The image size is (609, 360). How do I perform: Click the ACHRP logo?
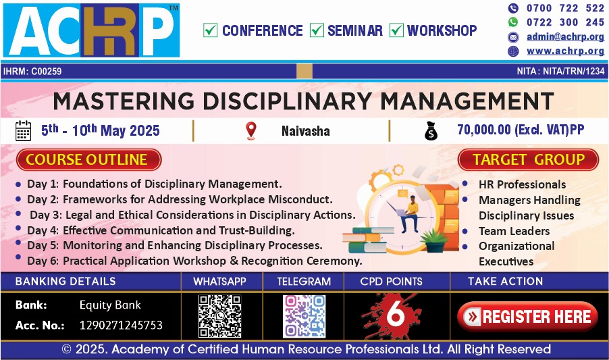click(x=91, y=30)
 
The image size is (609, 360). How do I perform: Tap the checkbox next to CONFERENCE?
click(x=210, y=30)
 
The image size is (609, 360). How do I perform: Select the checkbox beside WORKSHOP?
click(x=396, y=30)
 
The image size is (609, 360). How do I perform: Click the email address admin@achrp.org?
click(x=565, y=37)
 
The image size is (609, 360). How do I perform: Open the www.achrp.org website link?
click(x=565, y=51)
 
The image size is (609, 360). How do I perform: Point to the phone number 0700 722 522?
click(x=565, y=8)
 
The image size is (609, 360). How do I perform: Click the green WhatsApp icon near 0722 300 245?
click(x=513, y=22)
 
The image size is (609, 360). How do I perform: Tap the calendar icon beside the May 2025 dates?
click(x=23, y=130)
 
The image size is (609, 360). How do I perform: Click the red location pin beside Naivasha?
click(x=251, y=131)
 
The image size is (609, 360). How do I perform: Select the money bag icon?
click(x=431, y=131)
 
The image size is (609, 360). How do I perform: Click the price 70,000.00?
click(x=484, y=130)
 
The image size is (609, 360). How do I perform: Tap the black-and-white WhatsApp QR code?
click(x=220, y=316)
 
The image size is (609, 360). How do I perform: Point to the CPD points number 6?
click(x=396, y=313)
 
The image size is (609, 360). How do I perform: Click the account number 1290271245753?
click(x=121, y=325)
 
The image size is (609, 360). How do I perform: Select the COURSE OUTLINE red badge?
click(x=89, y=159)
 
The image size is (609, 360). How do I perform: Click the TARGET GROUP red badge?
click(x=528, y=159)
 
